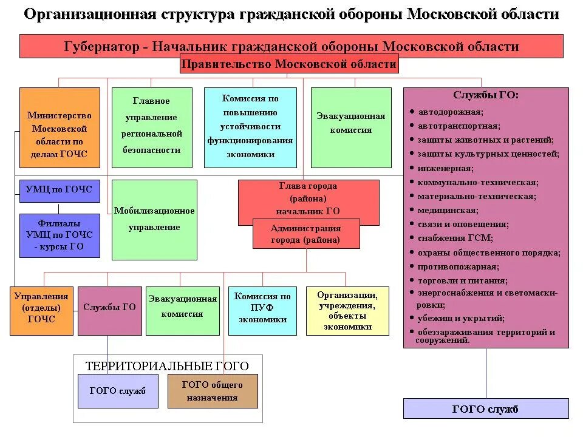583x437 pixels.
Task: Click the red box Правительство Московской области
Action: [x=289, y=64]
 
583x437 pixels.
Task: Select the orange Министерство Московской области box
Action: [x=60, y=127]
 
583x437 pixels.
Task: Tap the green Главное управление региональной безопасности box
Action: [x=152, y=127]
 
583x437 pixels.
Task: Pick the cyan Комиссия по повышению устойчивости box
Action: [x=250, y=127]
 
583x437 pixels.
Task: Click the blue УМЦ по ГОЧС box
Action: [x=60, y=190]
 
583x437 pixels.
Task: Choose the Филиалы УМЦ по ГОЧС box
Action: [x=60, y=235]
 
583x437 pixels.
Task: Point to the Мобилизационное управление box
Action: [x=155, y=220]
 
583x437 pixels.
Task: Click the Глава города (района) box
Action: [x=309, y=198]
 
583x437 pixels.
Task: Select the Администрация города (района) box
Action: [x=306, y=234]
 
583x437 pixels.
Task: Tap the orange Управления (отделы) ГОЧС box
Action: [x=41, y=311]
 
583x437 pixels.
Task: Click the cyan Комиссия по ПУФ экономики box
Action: [x=262, y=311]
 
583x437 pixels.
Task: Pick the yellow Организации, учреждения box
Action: [x=347, y=311]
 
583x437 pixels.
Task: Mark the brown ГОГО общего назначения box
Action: [x=213, y=391]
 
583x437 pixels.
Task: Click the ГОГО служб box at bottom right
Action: [x=486, y=409]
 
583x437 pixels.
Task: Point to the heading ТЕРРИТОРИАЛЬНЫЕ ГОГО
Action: [x=167, y=366]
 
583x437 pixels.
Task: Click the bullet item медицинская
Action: [x=448, y=211]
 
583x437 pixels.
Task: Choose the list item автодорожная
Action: [x=450, y=112]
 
